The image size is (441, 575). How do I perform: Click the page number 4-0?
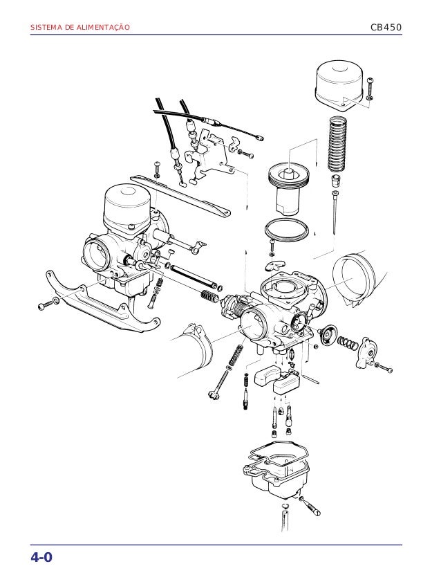[x=41, y=558]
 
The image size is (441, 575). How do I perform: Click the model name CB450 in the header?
[x=386, y=28]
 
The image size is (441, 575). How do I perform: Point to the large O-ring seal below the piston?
[x=286, y=230]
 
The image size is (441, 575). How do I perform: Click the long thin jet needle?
[x=335, y=212]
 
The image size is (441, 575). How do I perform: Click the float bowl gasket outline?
[x=279, y=454]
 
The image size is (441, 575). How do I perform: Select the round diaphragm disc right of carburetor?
[x=328, y=334]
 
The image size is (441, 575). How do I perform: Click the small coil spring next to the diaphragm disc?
[x=348, y=343]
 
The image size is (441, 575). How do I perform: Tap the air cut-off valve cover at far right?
[x=366, y=353]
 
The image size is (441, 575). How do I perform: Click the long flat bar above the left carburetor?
[x=180, y=195]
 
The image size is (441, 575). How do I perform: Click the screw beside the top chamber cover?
[x=370, y=89]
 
